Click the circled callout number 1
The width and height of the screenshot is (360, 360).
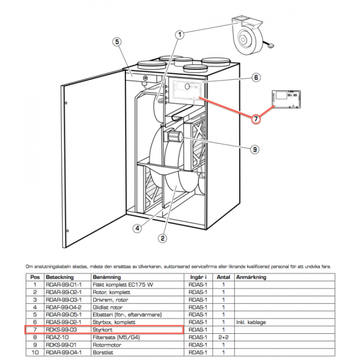179,34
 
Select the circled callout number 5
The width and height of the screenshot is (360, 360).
117,42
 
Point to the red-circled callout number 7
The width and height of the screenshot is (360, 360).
256,118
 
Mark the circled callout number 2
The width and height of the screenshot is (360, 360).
161,238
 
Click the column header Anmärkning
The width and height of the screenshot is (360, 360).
251,277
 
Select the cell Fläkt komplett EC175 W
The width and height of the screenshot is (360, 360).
119,284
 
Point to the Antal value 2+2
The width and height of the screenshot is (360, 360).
223,337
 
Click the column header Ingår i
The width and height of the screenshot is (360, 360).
195,277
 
